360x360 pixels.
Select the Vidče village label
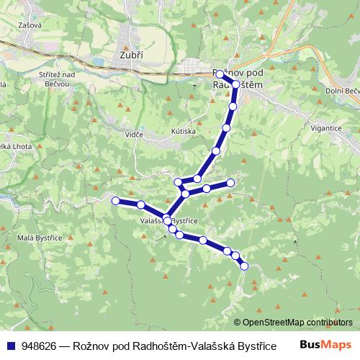(133, 135)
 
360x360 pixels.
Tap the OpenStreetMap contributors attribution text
(297, 322)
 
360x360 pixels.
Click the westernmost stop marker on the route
(115, 199)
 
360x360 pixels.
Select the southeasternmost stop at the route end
(243, 266)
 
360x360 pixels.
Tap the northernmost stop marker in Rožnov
(220, 74)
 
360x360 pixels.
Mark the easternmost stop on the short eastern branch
(230, 183)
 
